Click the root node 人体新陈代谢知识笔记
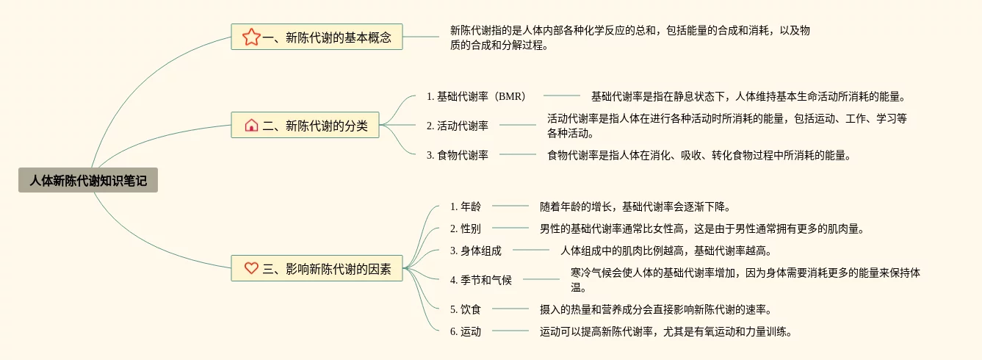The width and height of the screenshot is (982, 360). pos(88,180)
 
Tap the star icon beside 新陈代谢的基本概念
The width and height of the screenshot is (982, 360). pos(251,37)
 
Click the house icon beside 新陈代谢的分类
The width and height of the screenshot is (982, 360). pos(251,126)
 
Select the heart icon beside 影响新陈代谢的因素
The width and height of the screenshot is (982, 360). pos(251,268)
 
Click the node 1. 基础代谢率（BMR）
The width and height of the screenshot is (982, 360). pos(477,96)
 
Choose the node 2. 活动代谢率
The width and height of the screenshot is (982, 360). pos(457,126)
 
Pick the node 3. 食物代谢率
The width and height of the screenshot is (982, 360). pos(457,155)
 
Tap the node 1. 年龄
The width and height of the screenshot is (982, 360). pos(466,206)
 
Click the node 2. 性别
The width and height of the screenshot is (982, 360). pos(466,228)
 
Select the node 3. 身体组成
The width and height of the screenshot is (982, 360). pos(476,251)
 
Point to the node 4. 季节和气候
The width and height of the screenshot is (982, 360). pos(481,280)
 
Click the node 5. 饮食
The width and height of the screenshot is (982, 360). pos(466,309)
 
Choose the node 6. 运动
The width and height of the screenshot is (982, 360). pos(466,331)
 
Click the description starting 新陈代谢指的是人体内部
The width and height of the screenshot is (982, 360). pos(629,37)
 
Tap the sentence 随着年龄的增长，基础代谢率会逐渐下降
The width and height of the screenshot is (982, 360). pos(635,206)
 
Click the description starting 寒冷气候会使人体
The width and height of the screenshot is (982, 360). pos(745,280)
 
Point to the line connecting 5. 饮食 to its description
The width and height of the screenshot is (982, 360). pos(510,309)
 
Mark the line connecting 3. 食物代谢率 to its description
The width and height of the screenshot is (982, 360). pos(517,155)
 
